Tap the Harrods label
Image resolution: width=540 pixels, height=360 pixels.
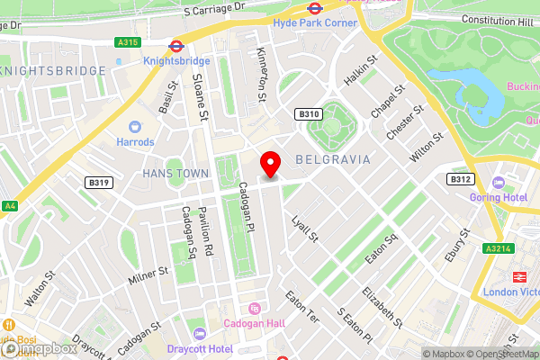(135, 142)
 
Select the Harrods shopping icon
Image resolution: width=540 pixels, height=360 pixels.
(135, 127)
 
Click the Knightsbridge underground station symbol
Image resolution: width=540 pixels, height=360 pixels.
(176, 44)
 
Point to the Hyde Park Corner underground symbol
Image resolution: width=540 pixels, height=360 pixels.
(314, 7)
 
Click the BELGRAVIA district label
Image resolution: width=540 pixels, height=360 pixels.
(332, 159)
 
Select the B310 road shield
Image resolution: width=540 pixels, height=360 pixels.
(309, 114)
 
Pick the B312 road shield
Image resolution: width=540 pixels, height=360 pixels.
(461, 179)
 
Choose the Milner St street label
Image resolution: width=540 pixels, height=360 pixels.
(148, 275)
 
